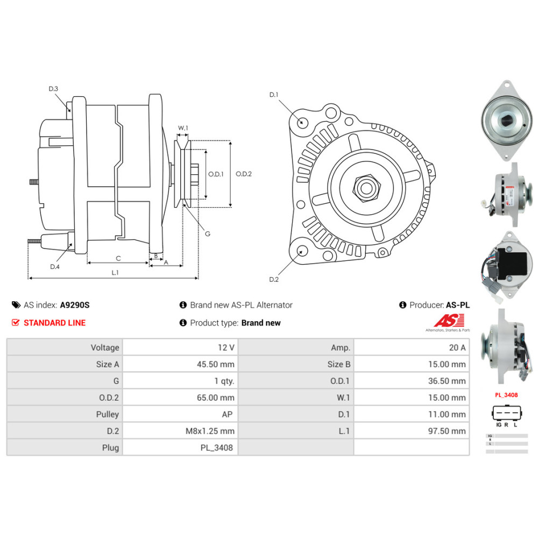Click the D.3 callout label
coord(53,89)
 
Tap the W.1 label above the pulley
coord(183,128)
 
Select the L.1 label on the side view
coord(115,273)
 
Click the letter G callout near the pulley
coord(208,233)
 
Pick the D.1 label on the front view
coord(274,95)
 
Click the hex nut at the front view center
coord(366,188)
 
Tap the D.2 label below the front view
coord(274,279)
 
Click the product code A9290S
coord(75,305)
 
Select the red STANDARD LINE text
coord(54,323)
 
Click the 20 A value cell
coord(457,348)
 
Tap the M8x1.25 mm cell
coord(211,431)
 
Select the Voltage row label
coord(105,348)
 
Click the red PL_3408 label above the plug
coord(506,395)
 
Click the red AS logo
coord(446,321)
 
